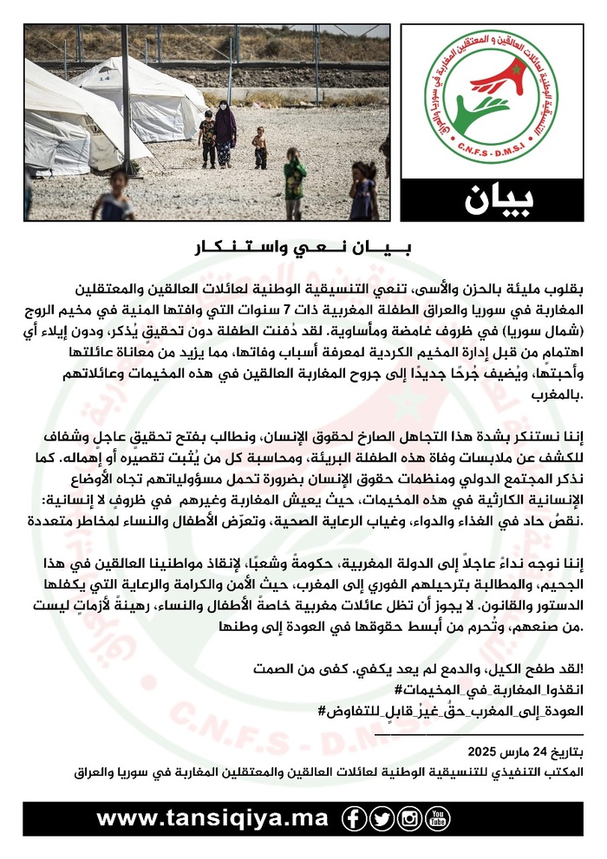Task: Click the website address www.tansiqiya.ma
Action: click(x=213, y=818)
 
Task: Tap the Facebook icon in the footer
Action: click(x=354, y=818)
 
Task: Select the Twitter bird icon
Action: click(x=382, y=818)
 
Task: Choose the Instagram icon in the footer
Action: click(x=410, y=818)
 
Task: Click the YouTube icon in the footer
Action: click(x=439, y=818)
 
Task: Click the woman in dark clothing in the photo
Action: click(x=225, y=132)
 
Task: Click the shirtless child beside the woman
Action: click(x=260, y=147)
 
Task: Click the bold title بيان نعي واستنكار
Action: click(x=303, y=249)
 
